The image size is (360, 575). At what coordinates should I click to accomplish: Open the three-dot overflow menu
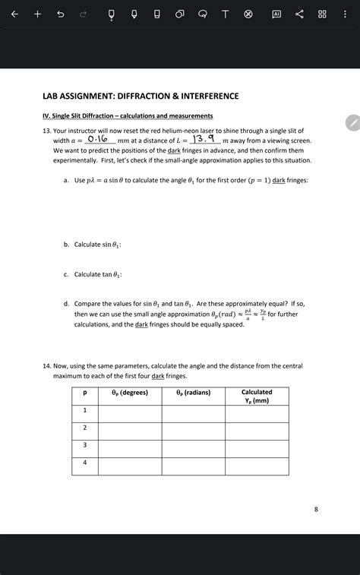[x=346, y=15]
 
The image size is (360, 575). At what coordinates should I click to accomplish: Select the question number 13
[x=47, y=131]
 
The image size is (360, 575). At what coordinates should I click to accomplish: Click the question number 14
[x=47, y=366]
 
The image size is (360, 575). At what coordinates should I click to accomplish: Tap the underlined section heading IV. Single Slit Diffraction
[x=127, y=115]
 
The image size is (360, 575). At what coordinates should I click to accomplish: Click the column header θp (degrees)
[x=130, y=393]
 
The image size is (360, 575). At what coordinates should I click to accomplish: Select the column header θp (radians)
[x=193, y=393]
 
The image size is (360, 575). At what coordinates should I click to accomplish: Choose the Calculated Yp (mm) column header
[x=257, y=396]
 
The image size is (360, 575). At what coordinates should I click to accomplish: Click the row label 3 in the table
[x=85, y=445]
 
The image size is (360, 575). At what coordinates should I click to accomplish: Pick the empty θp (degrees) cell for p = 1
[x=130, y=413]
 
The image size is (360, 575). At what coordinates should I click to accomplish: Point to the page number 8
[x=316, y=509]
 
